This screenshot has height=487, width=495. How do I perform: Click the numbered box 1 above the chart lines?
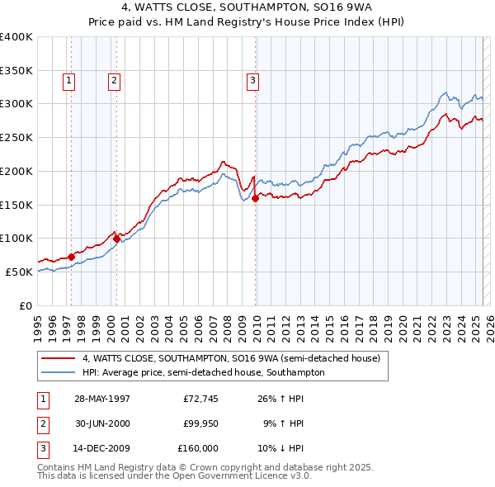pyautogui.click(x=68, y=81)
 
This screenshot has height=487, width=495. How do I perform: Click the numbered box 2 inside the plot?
pyautogui.click(x=113, y=81)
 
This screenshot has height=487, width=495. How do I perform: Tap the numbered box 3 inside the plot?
pyautogui.click(x=252, y=81)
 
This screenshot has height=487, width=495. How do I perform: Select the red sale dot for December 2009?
pyautogui.click(x=256, y=198)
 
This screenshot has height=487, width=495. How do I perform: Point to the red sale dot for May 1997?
pyautogui.click(x=71, y=257)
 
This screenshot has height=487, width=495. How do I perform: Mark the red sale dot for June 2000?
pyautogui.click(x=116, y=239)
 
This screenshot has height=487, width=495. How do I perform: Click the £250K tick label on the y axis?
pyautogui.click(x=16, y=137)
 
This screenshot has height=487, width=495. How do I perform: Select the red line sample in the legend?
pyautogui.click(x=59, y=358)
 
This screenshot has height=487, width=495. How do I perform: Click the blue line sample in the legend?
pyautogui.click(x=59, y=372)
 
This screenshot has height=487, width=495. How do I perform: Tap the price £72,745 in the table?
pyautogui.click(x=200, y=399)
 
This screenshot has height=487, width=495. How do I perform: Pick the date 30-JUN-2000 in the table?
pyautogui.click(x=101, y=423)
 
